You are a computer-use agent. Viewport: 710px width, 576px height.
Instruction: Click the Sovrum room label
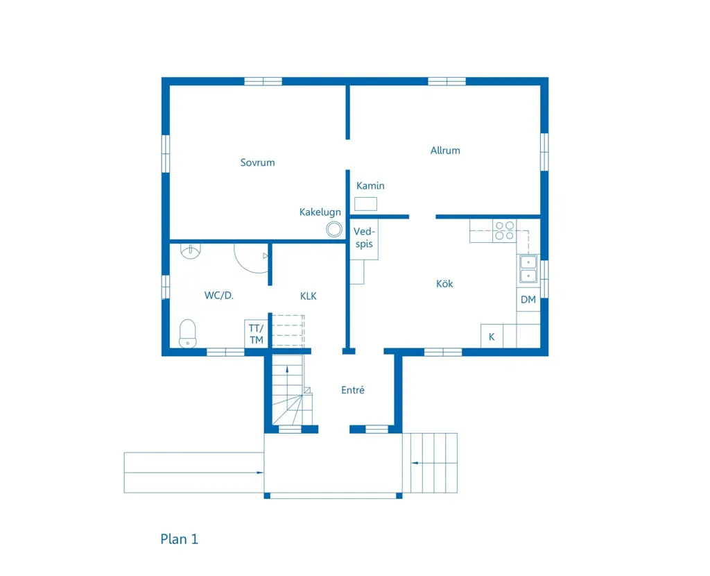[x=257, y=162]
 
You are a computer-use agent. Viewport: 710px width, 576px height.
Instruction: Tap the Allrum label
[x=445, y=151]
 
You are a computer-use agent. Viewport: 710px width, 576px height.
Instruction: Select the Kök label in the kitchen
[x=444, y=284]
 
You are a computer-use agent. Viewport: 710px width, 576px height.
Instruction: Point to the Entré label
[x=353, y=390]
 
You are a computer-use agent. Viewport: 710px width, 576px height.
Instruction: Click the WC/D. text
[x=218, y=296]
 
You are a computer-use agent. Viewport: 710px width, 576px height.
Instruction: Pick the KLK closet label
[x=309, y=296]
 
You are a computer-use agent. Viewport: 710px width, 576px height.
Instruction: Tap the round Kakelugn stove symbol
[x=334, y=229]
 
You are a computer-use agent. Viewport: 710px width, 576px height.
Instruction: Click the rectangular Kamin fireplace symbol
[x=365, y=204]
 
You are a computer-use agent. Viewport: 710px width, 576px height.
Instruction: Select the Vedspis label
[x=364, y=237]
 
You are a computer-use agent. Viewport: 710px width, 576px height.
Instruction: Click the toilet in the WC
[x=187, y=334]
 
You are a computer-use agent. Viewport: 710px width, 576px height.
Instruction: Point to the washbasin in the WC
[x=191, y=251]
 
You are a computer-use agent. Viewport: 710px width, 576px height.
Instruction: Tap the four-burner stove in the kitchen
[x=505, y=230]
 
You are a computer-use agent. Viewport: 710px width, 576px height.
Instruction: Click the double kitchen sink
[x=528, y=269]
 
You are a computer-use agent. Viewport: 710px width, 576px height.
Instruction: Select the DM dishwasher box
[x=528, y=300]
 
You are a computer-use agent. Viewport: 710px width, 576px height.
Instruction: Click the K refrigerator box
[x=492, y=337]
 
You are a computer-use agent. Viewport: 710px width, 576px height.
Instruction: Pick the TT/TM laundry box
[x=257, y=334]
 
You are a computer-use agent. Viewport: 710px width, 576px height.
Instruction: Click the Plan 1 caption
[x=180, y=539]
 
